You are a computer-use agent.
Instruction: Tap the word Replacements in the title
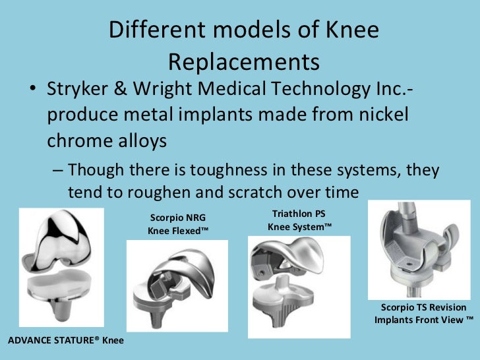[x=244, y=62]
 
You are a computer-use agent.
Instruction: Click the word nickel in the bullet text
[x=381, y=115]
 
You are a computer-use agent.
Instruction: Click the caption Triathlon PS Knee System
[x=299, y=220]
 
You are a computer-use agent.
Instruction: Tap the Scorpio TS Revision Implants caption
[x=423, y=313]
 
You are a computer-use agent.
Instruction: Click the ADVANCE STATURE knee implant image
[x=61, y=270]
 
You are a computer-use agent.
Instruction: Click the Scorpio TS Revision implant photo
[x=419, y=249]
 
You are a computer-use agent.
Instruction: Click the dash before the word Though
[x=58, y=170]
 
